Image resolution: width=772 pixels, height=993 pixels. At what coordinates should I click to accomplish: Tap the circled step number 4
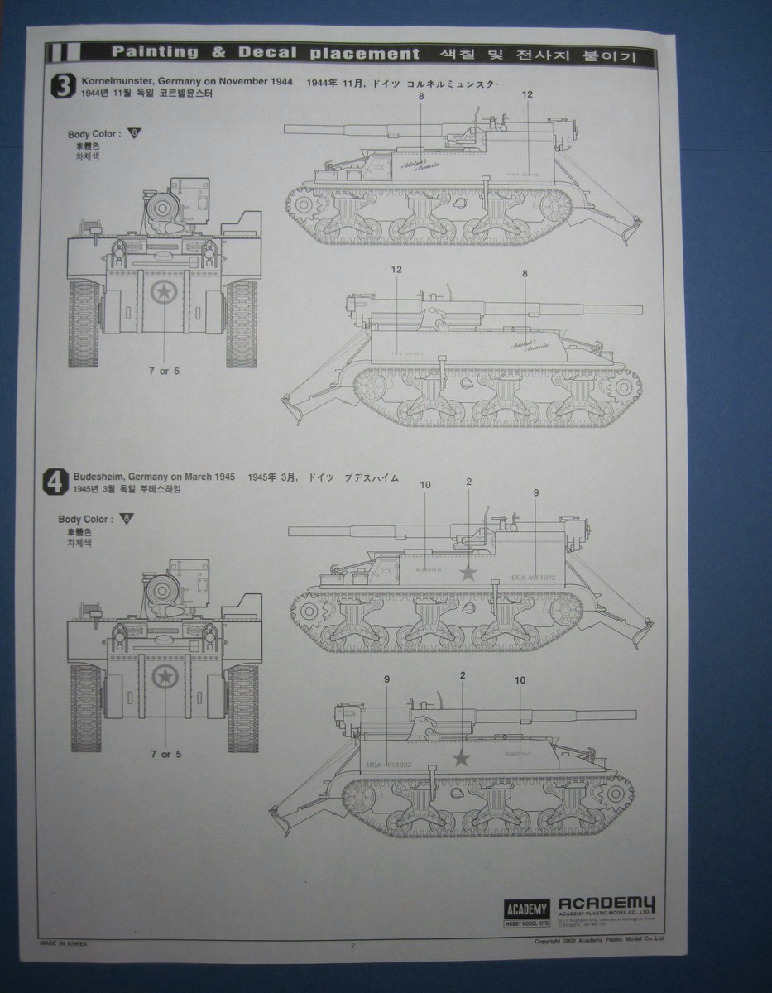click(x=55, y=482)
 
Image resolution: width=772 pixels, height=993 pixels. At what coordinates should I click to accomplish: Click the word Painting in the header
click(x=155, y=53)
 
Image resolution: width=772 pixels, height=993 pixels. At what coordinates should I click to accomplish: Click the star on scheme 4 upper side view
click(x=469, y=572)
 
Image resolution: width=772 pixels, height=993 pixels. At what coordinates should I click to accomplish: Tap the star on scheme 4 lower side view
click(x=462, y=757)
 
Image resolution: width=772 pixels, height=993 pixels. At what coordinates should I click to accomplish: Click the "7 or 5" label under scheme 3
click(x=164, y=371)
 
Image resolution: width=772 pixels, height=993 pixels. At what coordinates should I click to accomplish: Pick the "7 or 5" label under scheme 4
click(x=165, y=754)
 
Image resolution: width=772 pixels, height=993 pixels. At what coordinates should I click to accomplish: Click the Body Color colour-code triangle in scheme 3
click(x=135, y=132)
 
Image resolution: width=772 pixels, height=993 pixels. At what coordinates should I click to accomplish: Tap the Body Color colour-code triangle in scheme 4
click(x=127, y=519)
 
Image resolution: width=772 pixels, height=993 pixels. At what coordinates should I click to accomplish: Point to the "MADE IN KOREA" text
click(x=64, y=943)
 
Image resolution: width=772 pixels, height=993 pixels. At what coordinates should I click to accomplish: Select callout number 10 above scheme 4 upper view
click(x=425, y=484)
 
